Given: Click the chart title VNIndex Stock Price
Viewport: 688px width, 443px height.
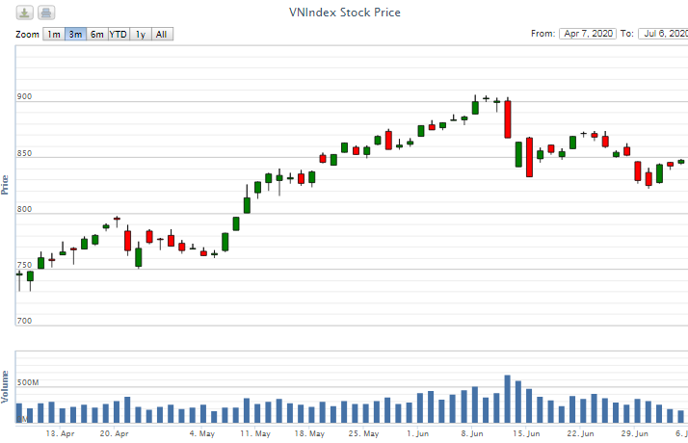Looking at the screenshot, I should pyautogui.click(x=344, y=13).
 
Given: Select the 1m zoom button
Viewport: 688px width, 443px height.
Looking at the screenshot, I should pyautogui.click(x=54, y=35).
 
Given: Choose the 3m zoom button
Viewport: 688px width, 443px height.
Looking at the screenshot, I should pyautogui.click(x=75, y=35).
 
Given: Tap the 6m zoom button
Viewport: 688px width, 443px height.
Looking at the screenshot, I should pyautogui.click(x=96, y=35).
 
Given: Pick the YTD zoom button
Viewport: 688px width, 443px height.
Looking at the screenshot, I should pyautogui.click(x=118, y=35).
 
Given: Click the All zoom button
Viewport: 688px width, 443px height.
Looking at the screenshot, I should pyautogui.click(x=161, y=35).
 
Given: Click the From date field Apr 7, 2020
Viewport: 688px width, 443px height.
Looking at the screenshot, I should pyautogui.click(x=587, y=34).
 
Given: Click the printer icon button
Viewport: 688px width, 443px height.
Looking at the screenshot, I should pyautogui.click(x=46, y=13).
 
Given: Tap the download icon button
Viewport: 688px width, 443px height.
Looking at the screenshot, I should pyautogui.click(x=25, y=13).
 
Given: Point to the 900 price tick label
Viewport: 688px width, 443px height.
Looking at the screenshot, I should pyautogui.click(x=24, y=96).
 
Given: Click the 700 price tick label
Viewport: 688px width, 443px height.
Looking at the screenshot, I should pyautogui.click(x=24, y=321).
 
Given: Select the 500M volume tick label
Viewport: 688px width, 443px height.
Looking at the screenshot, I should pyautogui.click(x=28, y=382).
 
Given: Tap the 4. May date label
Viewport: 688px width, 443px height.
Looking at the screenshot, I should pyautogui.click(x=201, y=434).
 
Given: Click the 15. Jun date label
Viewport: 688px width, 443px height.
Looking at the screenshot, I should pyautogui.click(x=525, y=434).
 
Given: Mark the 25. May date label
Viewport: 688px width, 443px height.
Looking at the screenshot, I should pyautogui.click(x=363, y=434).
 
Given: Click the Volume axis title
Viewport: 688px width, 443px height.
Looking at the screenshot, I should pyautogui.click(x=6, y=385).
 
